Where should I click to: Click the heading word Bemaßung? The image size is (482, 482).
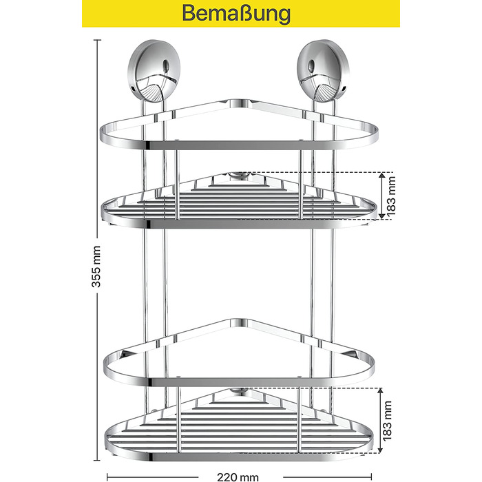(236, 13)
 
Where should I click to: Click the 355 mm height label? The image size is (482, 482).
(96, 266)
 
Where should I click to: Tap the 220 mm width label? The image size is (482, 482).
(238, 476)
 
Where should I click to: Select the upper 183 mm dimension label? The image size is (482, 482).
(391, 196)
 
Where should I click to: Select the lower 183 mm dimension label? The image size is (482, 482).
(388, 420)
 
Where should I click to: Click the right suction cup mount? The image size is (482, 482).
(324, 71)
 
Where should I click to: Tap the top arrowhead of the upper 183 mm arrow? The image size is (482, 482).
(381, 176)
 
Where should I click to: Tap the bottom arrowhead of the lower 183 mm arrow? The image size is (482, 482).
(380, 449)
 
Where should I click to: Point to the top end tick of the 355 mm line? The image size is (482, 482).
(98, 40)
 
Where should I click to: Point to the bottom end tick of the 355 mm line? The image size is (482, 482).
(98, 460)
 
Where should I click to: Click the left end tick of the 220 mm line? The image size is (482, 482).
(107, 477)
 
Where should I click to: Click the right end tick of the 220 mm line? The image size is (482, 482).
(372, 477)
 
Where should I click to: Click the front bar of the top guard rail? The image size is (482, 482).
(239, 145)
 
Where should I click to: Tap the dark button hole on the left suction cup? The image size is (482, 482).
(167, 65)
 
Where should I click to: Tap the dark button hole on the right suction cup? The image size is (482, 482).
(311, 65)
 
